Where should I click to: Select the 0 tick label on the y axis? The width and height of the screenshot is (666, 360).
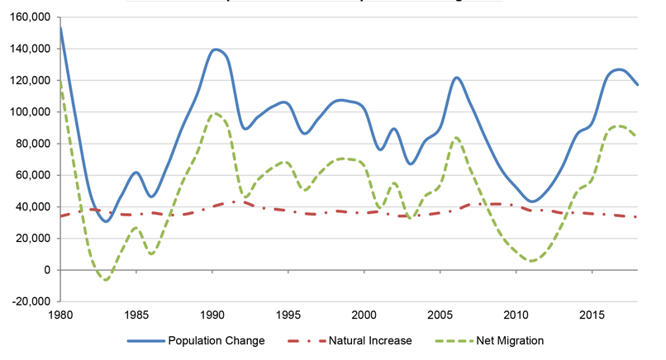click(x=48, y=270)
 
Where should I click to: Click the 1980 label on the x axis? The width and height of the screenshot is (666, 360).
click(x=60, y=315)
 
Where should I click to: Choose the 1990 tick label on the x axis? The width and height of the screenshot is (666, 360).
click(x=212, y=315)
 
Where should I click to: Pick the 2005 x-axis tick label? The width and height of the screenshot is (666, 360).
click(x=440, y=315)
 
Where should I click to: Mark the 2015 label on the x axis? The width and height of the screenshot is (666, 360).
click(x=592, y=315)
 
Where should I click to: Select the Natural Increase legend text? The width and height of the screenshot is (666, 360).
click(x=371, y=340)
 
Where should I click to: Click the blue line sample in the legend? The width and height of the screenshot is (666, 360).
click(x=145, y=340)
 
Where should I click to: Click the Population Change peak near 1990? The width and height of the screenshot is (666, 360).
click(x=216, y=50)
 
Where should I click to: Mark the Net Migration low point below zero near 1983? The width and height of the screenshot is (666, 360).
click(x=106, y=280)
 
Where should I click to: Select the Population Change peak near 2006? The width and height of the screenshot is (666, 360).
click(x=456, y=78)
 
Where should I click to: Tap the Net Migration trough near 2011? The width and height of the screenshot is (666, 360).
click(x=531, y=261)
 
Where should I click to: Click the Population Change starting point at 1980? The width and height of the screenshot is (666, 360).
click(x=60, y=27)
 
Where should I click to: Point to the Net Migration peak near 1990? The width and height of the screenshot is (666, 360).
click(x=215, y=113)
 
